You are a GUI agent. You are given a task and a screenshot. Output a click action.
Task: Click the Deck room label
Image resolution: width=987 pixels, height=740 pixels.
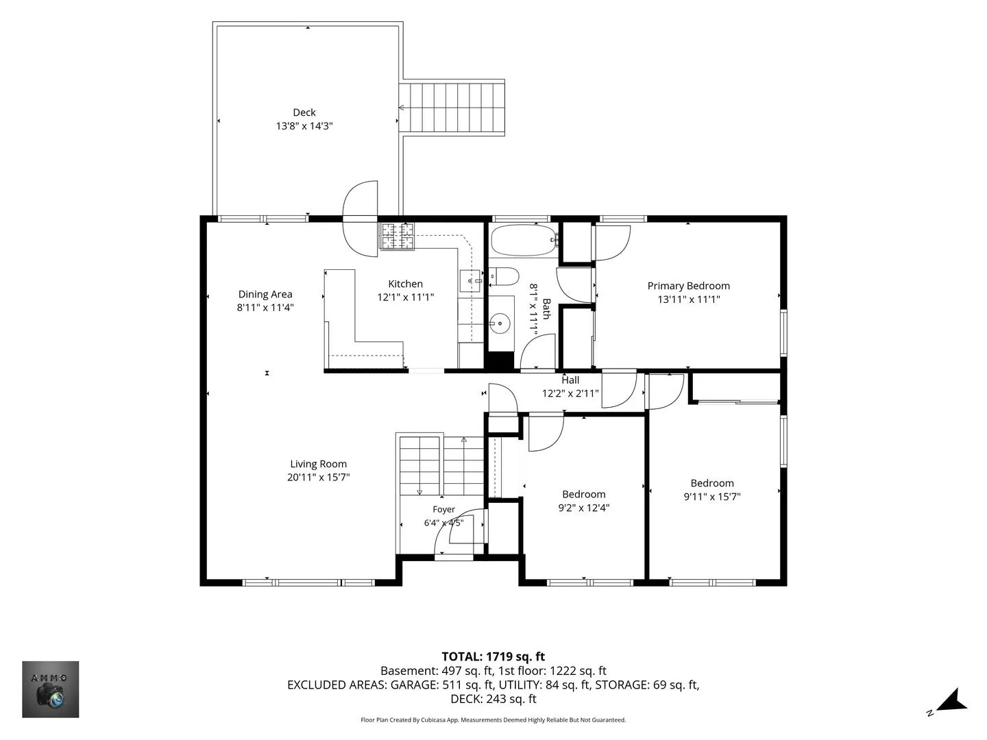click(304, 112)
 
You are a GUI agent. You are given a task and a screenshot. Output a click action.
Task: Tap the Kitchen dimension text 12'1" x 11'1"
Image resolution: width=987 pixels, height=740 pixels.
click(405, 297)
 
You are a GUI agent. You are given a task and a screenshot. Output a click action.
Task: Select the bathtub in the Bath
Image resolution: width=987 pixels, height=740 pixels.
click(524, 241)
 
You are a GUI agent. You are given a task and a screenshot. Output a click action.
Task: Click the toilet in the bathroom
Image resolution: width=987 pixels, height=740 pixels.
click(504, 276)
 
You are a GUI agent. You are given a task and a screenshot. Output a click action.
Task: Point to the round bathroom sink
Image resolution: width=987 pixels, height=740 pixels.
click(500, 323)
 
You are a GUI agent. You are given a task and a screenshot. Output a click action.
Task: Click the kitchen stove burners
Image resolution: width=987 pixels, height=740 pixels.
click(397, 236)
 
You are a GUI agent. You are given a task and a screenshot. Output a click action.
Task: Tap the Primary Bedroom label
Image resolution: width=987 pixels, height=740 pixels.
click(688, 286)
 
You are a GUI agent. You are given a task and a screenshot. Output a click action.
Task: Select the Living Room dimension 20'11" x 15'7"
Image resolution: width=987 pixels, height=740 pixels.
click(318, 477)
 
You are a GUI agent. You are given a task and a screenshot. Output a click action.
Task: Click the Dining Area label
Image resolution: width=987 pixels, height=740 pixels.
click(265, 295)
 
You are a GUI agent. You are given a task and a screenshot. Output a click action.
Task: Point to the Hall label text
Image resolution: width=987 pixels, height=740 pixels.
click(570, 380)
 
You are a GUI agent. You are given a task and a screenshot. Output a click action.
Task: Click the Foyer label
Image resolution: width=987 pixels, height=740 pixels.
click(444, 509)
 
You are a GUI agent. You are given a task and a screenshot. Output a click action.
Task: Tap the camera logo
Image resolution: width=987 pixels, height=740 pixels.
click(50, 689)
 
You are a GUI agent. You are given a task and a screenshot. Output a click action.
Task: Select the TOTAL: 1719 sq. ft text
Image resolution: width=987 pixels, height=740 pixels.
click(493, 656)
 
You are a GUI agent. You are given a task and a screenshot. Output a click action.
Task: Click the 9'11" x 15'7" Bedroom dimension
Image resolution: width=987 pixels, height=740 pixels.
click(712, 497)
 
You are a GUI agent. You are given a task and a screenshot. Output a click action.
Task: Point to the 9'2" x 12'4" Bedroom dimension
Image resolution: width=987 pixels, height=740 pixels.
click(584, 508)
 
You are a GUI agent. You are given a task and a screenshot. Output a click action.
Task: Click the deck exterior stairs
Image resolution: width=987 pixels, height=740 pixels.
click(452, 108)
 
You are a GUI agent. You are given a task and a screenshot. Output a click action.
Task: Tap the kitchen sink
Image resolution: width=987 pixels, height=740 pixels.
click(470, 281)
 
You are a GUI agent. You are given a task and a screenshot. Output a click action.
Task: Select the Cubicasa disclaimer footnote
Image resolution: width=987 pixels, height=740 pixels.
click(493, 719)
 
